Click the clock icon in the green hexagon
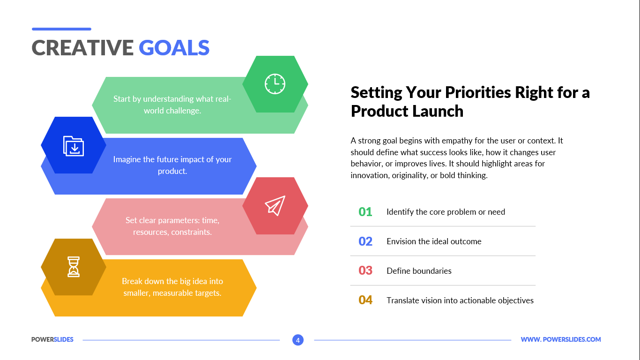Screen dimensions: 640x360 [x=275, y=84]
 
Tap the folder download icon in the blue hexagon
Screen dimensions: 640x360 [x=74, y=146]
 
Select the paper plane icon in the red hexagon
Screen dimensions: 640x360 [x=275, y=206]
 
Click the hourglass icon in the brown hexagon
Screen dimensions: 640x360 [x=74, y=267]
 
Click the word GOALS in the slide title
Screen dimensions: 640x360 [x=174, y=47]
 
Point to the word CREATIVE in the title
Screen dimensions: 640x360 [x=82, y=47]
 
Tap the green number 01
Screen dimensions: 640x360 [x=365, y=212]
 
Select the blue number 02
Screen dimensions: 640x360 [x=365, y=241]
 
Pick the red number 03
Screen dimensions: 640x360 [x=365, y=270]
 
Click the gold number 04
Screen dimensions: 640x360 [x=365, y=300]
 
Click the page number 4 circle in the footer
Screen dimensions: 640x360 [x=298, y=340]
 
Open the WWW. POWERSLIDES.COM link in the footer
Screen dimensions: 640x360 [x=560, y=339]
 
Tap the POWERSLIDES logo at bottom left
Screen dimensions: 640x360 [x=52, y=339]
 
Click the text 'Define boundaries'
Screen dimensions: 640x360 [x=419, y=271]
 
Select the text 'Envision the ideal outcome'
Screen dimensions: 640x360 [x=434, y=241]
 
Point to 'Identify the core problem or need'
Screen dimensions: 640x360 [x=446, y=212]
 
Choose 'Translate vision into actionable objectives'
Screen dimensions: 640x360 [x=460, y=300]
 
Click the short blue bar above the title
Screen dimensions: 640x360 [x=61, y=29]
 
